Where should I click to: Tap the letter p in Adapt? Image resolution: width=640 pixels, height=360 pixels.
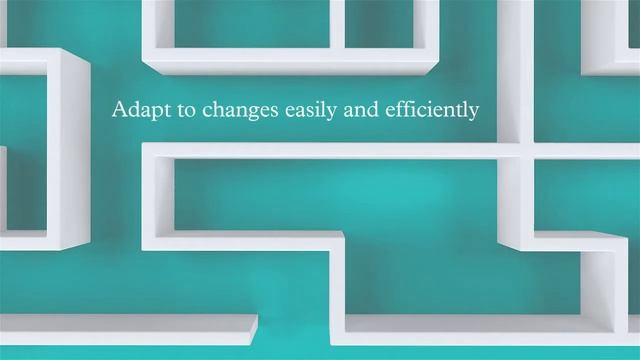coord(150,111)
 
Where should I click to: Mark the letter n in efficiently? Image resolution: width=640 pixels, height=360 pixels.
coord(449,110)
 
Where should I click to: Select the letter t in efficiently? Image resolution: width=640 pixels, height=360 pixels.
coord(458,109)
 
